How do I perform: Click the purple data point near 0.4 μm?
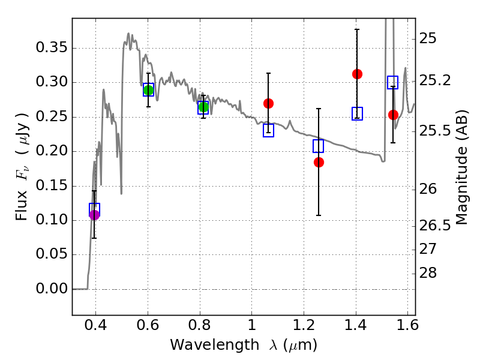tap(94, 215)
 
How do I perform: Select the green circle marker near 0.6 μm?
tap(148, 91)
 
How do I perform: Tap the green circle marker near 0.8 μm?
tap(203, 107)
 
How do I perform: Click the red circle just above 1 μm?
tap(268, 103)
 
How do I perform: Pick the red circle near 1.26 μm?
tap(319, 162)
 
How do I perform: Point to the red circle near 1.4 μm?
tap(357, 74)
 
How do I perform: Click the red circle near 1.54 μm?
tap(393, 115)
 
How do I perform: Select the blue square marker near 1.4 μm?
tap(357, 114)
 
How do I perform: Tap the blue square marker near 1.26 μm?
tap(319, 146)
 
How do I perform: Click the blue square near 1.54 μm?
tap(393, 82)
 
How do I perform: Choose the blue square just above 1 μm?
tap(268, 130)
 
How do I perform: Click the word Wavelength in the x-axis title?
tap(204, 345)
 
